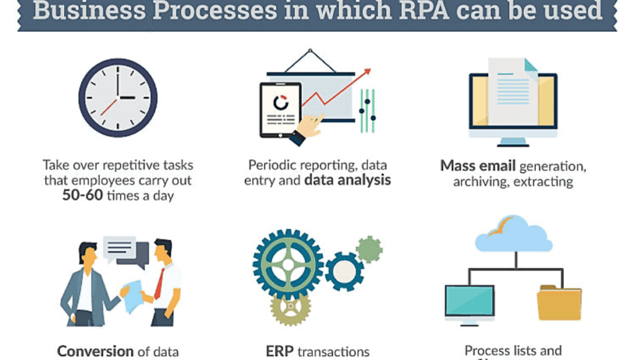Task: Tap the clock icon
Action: pyautogui.click(x=118, y=98)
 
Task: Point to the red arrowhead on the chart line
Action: pyautogui.click(x=367, y=72)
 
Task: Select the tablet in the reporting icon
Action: pyautogui.click(x=281, y=110)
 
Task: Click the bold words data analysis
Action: pyautogui.click(x=347, y=180)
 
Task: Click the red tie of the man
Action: pyautogui.click(x=158, y=282)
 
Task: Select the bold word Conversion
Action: pyautogui.click(x=96, y=351)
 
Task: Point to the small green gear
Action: pyautogui.click(x=369, y=250)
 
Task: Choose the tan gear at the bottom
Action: pyautogui.click(x=291, y=307)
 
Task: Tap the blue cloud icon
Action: pyautogui.click(x=513, y=234)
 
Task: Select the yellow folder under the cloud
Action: pyautogui.click(x=559, y=303)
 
